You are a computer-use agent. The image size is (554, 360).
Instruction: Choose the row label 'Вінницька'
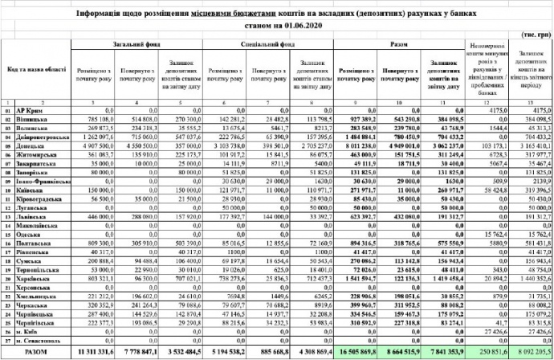[34, 118]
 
